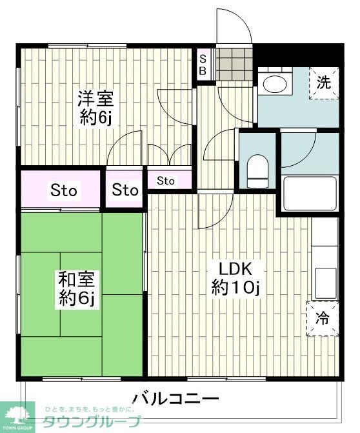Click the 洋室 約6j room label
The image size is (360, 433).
point(96,108)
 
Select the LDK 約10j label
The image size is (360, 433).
point(235,278)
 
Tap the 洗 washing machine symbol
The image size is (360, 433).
point(323,83)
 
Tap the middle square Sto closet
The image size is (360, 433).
point(125,190)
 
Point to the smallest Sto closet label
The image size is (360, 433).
point(166,181)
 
